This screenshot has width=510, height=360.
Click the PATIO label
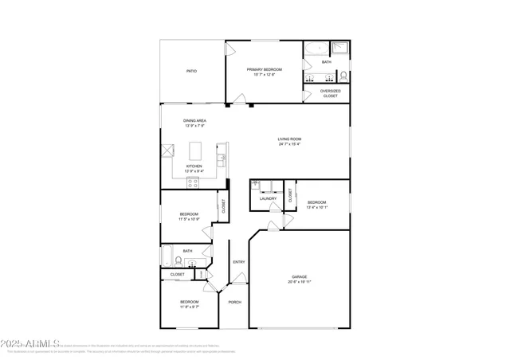click(191, 71)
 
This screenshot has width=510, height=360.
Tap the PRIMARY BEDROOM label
click(264, 69)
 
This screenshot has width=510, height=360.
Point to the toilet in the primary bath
click(343, 76)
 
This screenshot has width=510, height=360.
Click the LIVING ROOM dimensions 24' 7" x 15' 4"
click(289, 144)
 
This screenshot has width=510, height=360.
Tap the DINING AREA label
click(195, 120)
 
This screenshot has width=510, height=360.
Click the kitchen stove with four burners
click(193, 182)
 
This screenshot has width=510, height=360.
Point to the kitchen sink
click(225, 151)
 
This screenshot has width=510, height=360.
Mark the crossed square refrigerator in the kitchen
click(167, 151)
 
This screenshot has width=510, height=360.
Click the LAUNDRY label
click(268, 198)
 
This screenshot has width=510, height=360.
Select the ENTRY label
click(238, 262)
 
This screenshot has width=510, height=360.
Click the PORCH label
click(234, 302)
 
